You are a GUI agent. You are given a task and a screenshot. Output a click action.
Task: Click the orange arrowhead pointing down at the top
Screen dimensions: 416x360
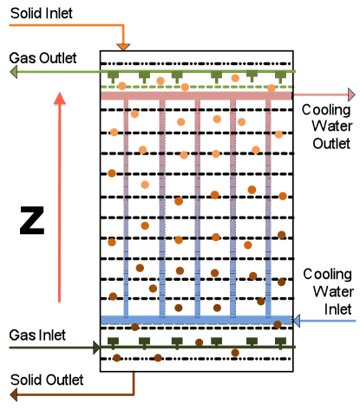[123, 46]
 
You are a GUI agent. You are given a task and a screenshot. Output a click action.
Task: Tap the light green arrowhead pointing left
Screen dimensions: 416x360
[14, 72]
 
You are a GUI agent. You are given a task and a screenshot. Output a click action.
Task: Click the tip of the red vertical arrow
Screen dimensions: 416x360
[59, 94]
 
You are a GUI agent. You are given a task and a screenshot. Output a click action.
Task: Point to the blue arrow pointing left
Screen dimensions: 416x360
[325, 321]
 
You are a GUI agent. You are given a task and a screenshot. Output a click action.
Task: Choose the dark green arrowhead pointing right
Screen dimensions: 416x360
[96, 348]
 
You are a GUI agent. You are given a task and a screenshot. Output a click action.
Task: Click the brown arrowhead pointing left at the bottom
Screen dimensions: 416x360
[14, 394]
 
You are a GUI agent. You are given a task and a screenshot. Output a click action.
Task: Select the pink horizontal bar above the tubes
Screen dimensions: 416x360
[196, 95]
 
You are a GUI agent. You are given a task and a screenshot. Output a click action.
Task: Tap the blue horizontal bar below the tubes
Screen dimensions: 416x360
[196, 319]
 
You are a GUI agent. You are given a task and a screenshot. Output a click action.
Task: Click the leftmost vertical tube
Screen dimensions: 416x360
[126, 208]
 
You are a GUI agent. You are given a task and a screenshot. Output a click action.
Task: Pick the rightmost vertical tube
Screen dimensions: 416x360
[268, 208]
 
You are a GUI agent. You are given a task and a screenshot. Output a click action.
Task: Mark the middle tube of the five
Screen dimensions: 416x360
[197, 208]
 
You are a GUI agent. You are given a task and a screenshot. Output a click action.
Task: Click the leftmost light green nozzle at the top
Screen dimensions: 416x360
[113, 76]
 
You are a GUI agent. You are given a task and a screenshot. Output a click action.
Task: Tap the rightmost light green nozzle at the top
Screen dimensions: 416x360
[280, 76]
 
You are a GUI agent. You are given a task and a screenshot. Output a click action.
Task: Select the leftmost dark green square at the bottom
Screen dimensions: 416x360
[113, 342]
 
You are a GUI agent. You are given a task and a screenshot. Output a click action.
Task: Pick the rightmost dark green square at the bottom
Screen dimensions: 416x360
[280, 342]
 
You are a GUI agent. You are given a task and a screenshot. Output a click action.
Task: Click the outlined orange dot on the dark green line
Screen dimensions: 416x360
[235, 353]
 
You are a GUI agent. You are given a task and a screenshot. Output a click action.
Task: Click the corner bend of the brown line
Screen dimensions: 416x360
[134, 394]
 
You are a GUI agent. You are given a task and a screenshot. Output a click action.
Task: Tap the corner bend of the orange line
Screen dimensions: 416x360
[123, 25]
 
